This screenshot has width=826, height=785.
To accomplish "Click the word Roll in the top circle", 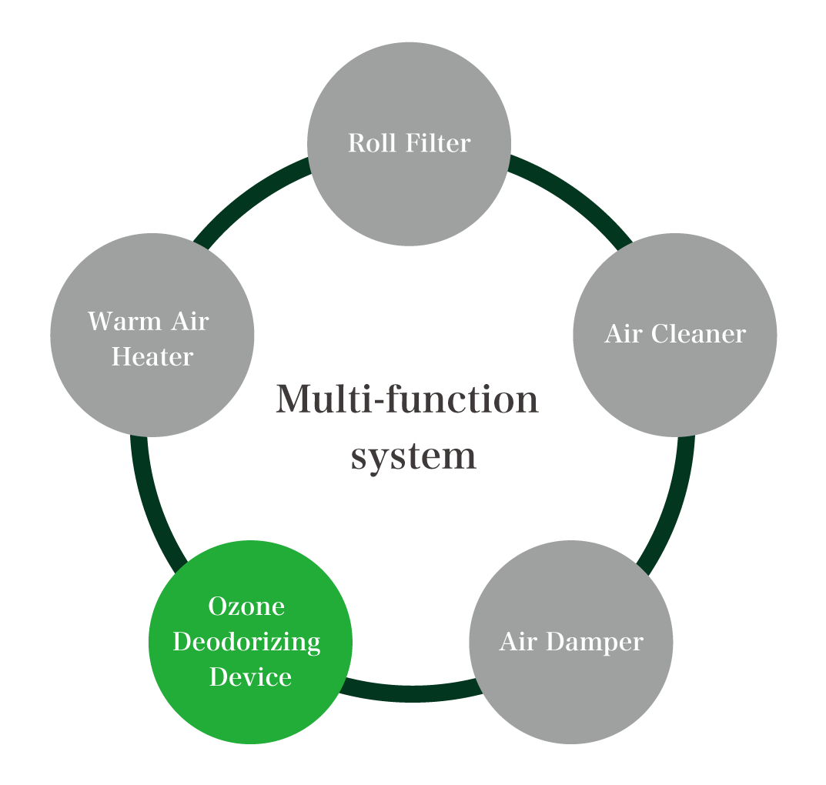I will (370, 143).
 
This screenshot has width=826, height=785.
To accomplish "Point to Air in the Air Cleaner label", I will (623, 334).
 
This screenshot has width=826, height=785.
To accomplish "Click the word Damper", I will (597, 641).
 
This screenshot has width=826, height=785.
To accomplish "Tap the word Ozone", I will (247, 606).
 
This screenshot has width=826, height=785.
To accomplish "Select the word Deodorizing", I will (247, 641).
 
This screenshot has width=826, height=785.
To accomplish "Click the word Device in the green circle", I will (250, 676).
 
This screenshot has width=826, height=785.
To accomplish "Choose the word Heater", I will (152, 356).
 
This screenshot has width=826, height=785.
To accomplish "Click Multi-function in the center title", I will (406, 400).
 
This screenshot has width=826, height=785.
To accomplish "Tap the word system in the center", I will (413, 456).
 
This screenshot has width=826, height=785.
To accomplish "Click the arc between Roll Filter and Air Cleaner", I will (574, 196).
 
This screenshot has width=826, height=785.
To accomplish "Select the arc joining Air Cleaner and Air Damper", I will (674, 508).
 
